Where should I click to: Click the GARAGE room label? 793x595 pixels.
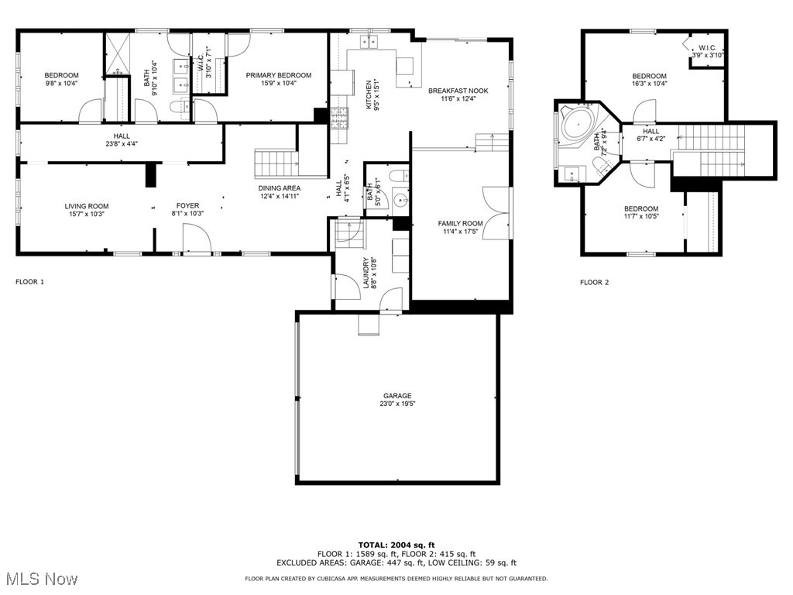pyautogui.click(x=397, y=396)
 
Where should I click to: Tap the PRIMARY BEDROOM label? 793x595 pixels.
pyautogui.click(x=279, y=75)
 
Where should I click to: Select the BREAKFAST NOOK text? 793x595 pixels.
pyautogui.click(x=458, y=91)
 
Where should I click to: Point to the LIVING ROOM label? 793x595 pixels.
pyautogui.click(x=87, y=206)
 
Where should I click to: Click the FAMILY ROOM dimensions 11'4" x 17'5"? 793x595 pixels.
pyautogui.click(x=460, y=232)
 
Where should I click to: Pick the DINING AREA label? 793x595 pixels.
pyautogui.click(x=279, y=188)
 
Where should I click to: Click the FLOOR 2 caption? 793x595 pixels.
pyautogui.click(x=594, y=282)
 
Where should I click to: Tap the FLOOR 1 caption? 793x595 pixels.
pyautogui.click(x=30, y=281)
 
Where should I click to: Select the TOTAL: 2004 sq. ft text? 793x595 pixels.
pyautogui.click(x=396, y=545)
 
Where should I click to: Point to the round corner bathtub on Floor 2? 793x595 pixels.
pyautogui.click(x=578, y=123)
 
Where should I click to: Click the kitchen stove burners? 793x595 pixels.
pyautogui.click(x=339, y=119)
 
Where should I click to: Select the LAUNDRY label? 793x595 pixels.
pyautogui.click(x=366, y=273)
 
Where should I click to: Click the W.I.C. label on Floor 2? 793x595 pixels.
pyautogui.click(x=708, y=48)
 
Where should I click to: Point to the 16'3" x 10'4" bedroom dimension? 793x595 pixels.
pyautogui.click(x=650, y=84)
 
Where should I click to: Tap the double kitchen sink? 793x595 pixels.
pyautogui.click(x=369, y=42)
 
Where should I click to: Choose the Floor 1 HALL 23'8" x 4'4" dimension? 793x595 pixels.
pyautogui.click(x=122, y=143)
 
